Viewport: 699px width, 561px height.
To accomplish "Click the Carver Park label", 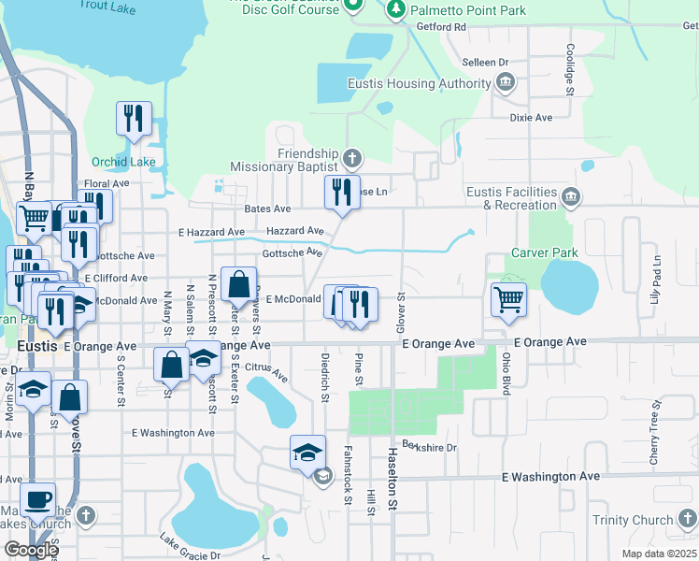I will (x=545, y=252).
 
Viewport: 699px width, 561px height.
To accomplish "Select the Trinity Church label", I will (x=633, y=520).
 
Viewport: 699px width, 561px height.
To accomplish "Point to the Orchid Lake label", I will (x=123, y=162).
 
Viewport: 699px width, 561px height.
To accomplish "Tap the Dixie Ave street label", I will (x=531, y=118).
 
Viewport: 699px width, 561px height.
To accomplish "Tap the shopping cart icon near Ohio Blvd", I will (x=508, y=300).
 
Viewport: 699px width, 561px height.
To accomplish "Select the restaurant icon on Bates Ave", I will (x=342, y=193).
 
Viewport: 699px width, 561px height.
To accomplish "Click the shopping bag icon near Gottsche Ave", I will (x=238, y=283).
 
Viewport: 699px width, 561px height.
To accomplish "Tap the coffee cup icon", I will (x=37, y=499).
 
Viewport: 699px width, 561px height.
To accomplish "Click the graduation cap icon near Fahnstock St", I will (x=307, y=453).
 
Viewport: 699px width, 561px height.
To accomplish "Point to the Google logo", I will (x=31, y=550).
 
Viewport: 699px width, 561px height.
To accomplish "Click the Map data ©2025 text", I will (x=658, y=554).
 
